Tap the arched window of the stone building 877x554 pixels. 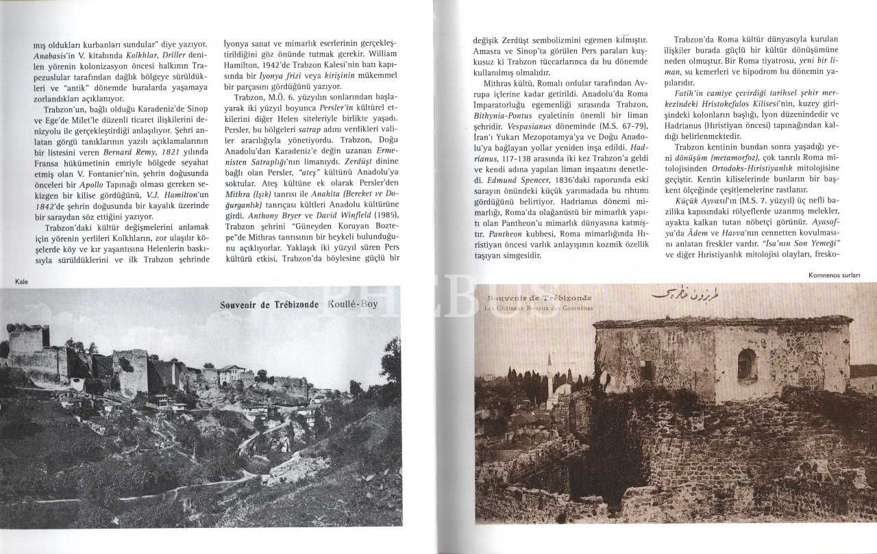tap(748, 365)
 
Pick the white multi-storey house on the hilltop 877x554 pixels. tap(232, 374)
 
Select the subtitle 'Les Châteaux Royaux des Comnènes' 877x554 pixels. tap(539, 307)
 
